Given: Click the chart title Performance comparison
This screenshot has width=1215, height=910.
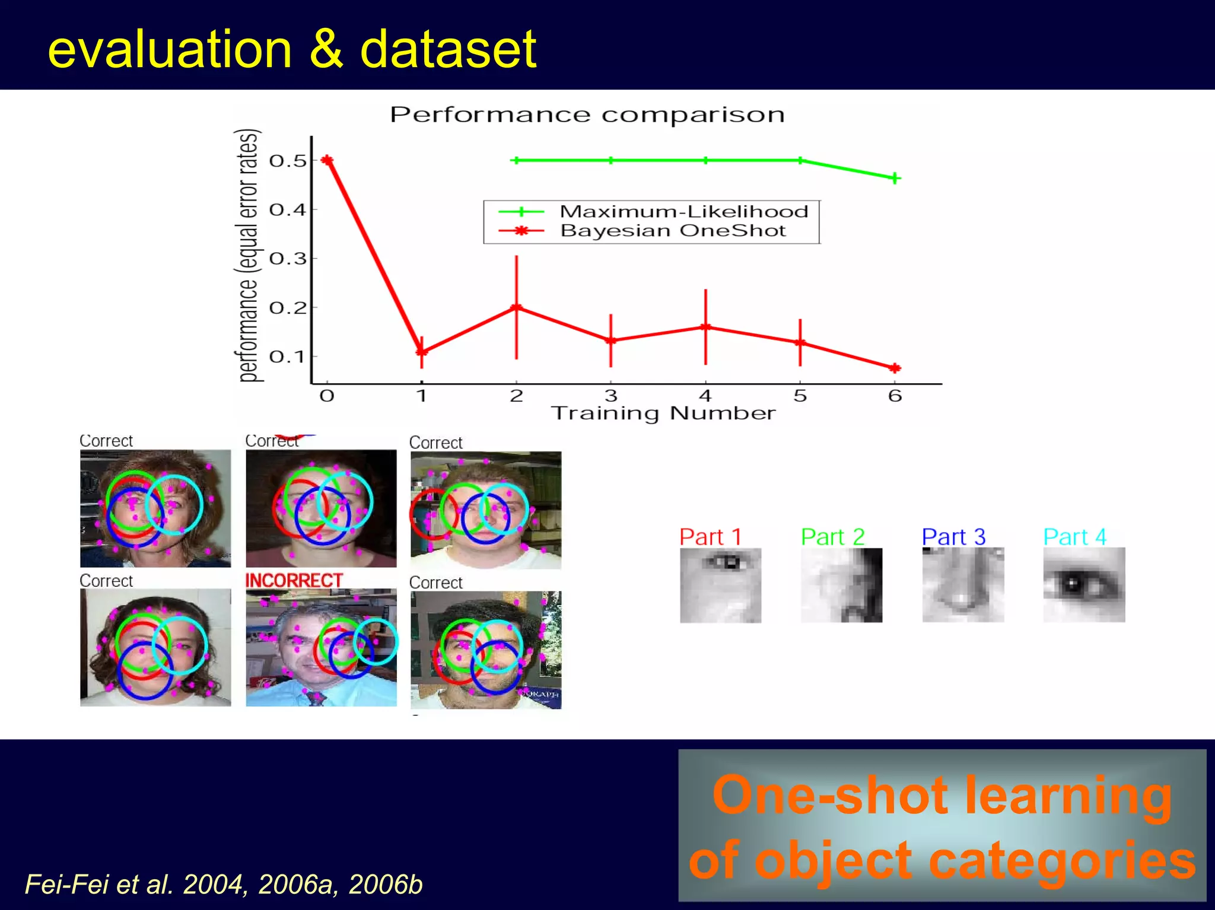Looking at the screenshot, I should (587, 114).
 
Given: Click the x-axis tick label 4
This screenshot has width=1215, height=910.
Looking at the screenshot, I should (705, 396).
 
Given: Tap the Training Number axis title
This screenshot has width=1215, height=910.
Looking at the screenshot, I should (663, 413).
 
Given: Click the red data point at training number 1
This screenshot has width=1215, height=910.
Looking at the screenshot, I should (422, 351).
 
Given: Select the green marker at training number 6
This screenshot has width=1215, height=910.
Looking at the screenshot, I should (895, 178).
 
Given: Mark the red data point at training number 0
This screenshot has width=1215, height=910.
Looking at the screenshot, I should (327, 160).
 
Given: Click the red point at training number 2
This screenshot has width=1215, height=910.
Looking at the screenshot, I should (516, 307).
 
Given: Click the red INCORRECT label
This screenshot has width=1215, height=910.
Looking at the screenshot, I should (294, 580).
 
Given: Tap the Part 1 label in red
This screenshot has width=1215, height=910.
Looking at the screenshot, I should (710, 537).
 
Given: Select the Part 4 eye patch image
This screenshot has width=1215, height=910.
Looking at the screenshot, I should (1083, 585).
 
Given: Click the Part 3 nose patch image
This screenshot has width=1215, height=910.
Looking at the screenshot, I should (962, 585).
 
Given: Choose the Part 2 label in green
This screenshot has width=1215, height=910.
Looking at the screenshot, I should (832, 537).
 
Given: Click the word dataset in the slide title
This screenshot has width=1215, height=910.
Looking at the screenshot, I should (448, 49).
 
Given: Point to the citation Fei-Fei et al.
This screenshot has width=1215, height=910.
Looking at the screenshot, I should (98, 884).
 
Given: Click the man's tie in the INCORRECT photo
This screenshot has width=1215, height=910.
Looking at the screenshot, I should (316, 698).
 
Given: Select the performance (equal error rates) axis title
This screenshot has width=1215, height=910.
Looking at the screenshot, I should (249, 255).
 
